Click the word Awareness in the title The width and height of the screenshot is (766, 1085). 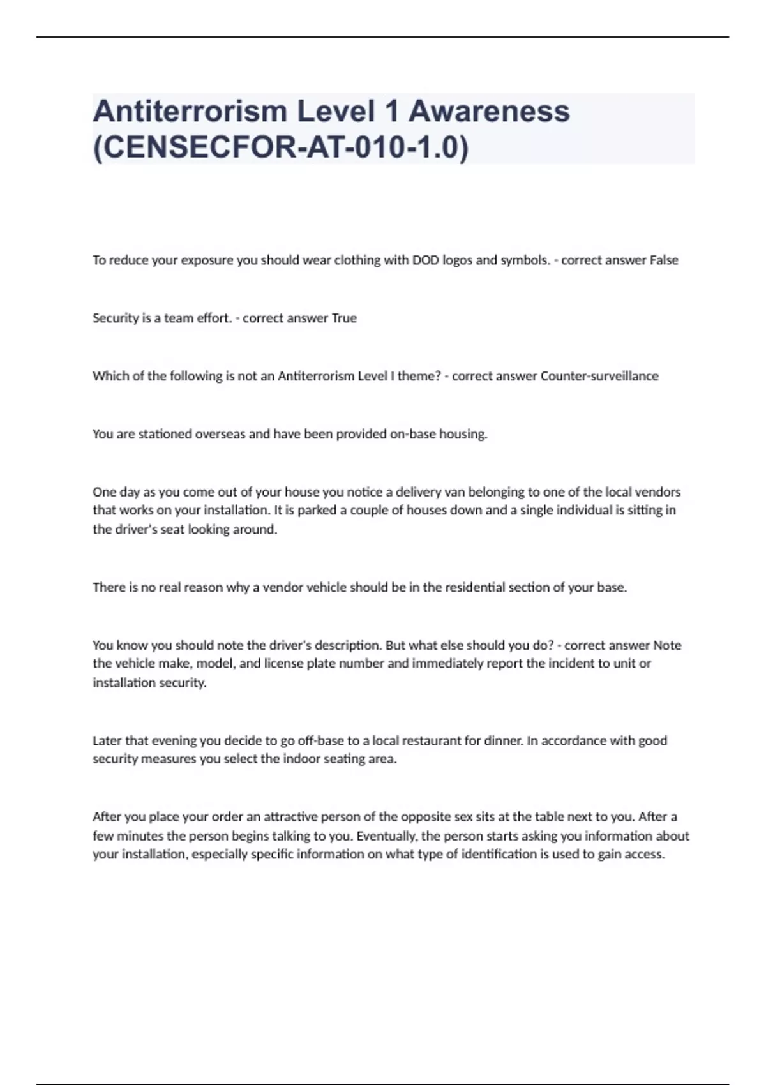(x=489, y=111)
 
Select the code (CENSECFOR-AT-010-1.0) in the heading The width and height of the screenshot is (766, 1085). (x=281, y=147)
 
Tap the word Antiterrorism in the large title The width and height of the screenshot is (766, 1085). (x=190, y=111)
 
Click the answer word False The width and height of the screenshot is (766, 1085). (x=664, y=260)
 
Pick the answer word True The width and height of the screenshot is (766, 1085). (x=344, y=318)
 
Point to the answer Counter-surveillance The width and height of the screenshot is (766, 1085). (x=599, y=376)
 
